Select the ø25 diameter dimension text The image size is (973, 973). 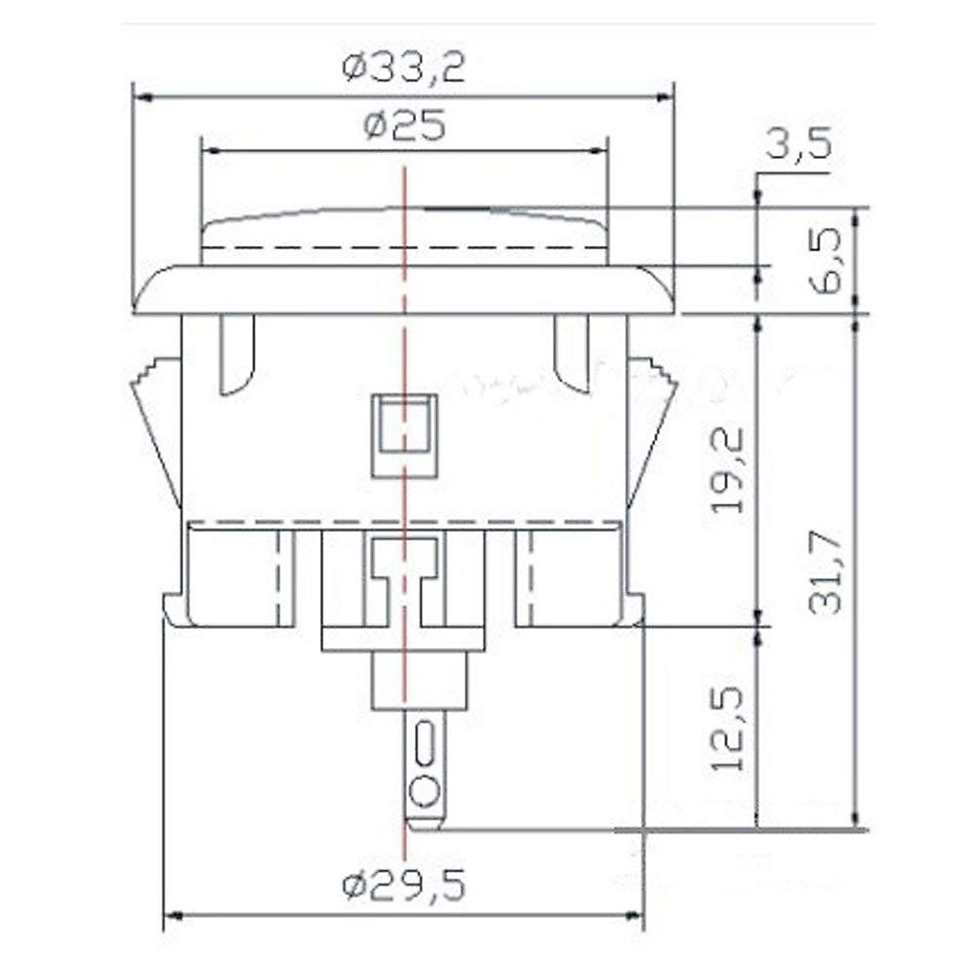click(x=405, y=125)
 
